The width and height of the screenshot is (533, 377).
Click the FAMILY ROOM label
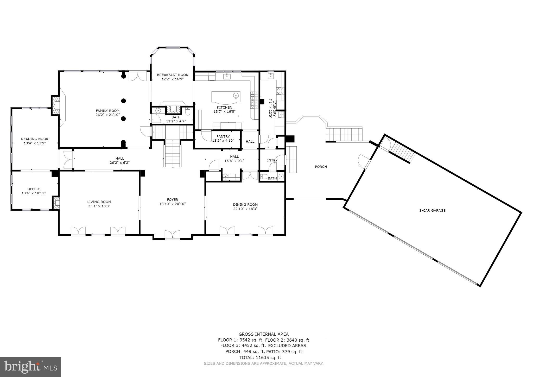point(107,111)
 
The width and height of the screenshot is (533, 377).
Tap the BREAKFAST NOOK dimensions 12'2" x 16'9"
point(173,79)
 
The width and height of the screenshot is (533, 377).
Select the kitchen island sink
point(236,96)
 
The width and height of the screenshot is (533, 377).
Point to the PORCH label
point(321,167)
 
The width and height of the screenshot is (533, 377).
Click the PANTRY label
point(223,136)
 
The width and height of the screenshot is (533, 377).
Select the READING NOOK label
point(35,139)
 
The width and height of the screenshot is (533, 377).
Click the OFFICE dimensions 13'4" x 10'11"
point(34,193)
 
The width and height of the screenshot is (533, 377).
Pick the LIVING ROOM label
point(99,202)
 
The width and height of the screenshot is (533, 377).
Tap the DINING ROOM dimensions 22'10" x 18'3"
point(245,209)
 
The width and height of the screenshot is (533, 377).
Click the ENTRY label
point(272,160)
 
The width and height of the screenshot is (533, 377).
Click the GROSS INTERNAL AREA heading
point(263,334)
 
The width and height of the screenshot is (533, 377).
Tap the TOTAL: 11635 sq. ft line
point(263,357)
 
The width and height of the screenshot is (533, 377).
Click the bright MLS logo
point(30,367)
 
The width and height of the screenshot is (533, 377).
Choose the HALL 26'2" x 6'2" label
point(120,160)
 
